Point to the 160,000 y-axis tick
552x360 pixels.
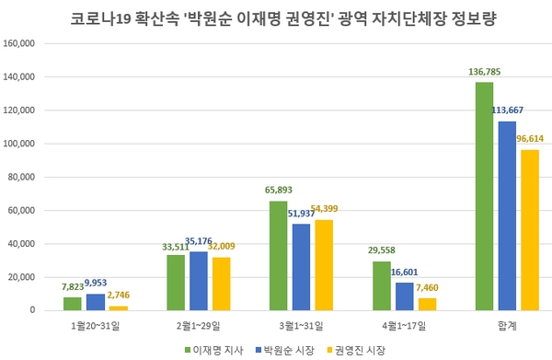(x=19, y=43)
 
